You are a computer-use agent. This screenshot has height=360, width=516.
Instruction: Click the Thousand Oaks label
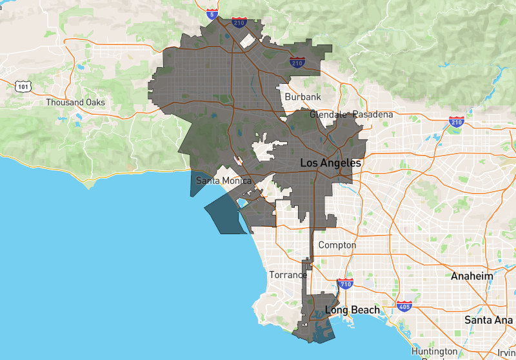(75, 102)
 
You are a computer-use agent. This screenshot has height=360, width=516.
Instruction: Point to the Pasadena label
(372, 114)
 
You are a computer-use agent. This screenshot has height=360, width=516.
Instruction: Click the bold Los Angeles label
(330, 163)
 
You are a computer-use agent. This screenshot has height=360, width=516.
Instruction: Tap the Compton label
(337, 245)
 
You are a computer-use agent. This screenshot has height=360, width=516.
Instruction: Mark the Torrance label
(288, 275)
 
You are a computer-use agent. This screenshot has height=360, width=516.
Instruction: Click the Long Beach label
(352, 310)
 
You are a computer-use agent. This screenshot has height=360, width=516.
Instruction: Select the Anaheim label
(471, 276)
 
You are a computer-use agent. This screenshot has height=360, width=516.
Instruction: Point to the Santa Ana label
(488, 320)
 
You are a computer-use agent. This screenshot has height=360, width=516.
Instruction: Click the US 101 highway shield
(23, 86)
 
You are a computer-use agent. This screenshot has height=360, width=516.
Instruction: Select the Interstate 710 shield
(344, 284)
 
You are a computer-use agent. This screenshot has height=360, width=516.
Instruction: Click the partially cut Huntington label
(435, 352)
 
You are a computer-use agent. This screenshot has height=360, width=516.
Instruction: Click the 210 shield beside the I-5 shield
(239, 23)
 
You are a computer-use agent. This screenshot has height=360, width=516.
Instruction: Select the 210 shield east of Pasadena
(456, 121)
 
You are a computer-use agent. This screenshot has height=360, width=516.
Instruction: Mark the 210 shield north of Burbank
(297, 62)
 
